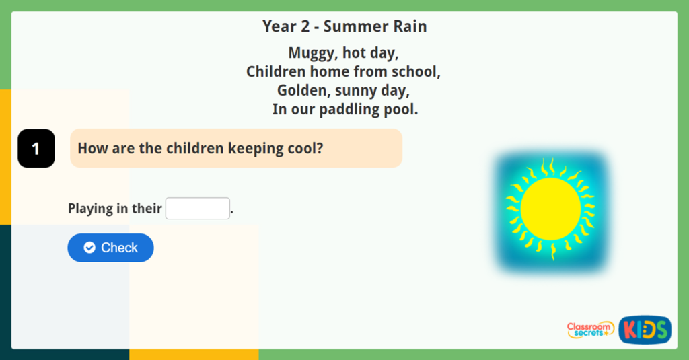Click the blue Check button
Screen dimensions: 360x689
click(x=110, y=248)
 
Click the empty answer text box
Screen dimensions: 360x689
click(x=198, y=209)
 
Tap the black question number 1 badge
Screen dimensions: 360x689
click(x=36, y=148)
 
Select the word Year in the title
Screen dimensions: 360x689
click(x=279, y=26)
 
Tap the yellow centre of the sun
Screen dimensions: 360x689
click(x=550, y=209)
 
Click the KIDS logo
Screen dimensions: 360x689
click(x=645, y=330)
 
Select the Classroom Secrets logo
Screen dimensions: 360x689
click(x=589, y=330)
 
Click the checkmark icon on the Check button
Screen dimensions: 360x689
click(x=89, y=248)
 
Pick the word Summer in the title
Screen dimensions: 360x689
click(x=364, y=26)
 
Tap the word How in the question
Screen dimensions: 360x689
click(x=92, y=148)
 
